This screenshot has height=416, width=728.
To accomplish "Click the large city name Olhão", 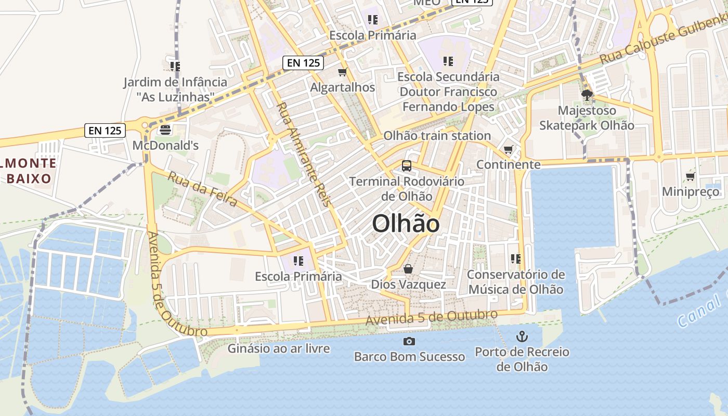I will click(x=406, y=224).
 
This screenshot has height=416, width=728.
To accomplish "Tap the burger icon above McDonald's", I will click(x=166, y=129).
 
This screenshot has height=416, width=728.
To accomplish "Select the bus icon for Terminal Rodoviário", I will click(x=407, y=166).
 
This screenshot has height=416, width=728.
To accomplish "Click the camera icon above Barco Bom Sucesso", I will click(x=409, y=341).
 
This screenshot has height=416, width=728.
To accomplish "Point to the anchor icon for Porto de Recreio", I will click(x=522, y=336).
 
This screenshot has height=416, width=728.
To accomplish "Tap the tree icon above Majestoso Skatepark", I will click(x=587, y=95).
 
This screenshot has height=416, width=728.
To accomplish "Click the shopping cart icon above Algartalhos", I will click(x=342, y=72).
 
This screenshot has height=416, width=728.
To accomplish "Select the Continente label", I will click(x=509, y=165).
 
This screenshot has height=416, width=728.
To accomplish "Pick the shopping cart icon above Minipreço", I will click(x=691, y=176).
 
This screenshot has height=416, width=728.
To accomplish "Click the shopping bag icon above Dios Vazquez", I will click(x=408, y=269).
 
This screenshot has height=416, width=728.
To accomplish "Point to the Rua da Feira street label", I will click(x=202, y=189).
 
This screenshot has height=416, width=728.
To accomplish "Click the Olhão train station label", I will click(x=437, y=136).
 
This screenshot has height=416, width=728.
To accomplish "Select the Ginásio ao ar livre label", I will click(x=279, y=348).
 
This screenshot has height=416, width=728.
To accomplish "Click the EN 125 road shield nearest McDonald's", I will click(x=105, y=131).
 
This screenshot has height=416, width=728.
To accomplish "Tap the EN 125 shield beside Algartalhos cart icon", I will click(x=304, y=63).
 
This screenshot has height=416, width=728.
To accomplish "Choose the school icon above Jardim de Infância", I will click(x=175, y=66).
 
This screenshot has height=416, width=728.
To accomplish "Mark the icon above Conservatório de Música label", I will click(x=516, y=258).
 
